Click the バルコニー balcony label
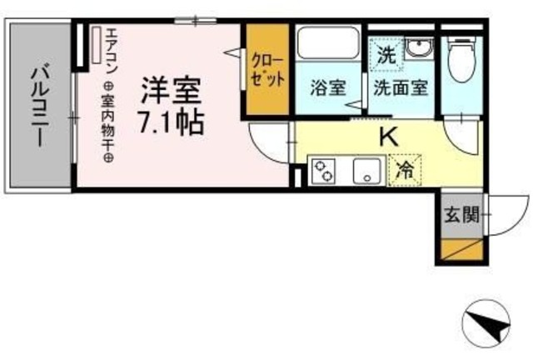[39, 104]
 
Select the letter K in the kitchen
[388, 137]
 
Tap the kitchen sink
[365, 171]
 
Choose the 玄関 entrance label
[461, 215]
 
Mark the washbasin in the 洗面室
[418, 48]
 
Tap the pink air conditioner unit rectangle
[96, 47]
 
